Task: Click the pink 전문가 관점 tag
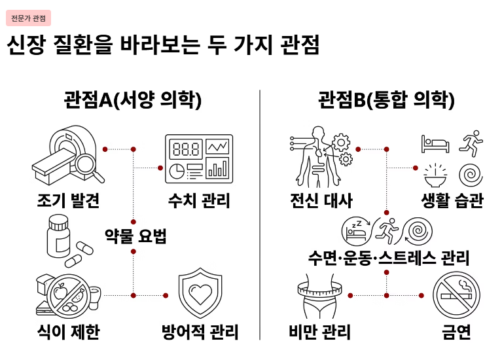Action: (x=28, y=18)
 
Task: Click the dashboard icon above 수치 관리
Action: (x=199, y=158)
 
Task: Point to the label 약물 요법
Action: (x=136, y=236)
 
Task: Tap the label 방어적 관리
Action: (x=200, y=332)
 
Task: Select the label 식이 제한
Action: (x=68, y=332)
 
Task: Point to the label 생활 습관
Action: (x=452, y=200)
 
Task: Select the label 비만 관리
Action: (x=320, y=332)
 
